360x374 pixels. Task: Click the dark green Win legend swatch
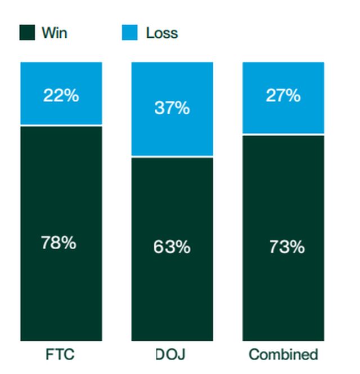pyautogui.click(x=27, y=33)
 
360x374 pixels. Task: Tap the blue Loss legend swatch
pyautogui.click(x=130, y=33)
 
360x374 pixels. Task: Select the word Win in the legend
pyautogui.click(x=54, y=33)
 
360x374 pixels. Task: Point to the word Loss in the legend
pyautogui.click(x=161, y=33)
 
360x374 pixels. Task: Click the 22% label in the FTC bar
pyautogui.click(x=61, y=95)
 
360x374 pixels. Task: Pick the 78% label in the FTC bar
pyautogui.click(x=58, y=243)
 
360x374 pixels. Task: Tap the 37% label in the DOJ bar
pyautogui.click(x=172, y=108)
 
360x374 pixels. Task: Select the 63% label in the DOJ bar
pyautogui.click(x=172, y=247)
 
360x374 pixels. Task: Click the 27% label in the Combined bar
pyautogui.click(x=283, y=95)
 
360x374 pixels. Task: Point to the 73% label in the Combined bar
pyautogui.click(x=286, y=247)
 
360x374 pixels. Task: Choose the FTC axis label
pyautogui.click(x=60, y=355)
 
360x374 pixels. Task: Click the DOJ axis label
pyautogui.click(x=170, y=355)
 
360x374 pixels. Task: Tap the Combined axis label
pyautogui.click(x=283, y=355)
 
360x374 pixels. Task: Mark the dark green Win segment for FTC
pyautogui.click(x=61, y=293)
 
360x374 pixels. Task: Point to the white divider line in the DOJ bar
pyautogui.click(x=172, y=156)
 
